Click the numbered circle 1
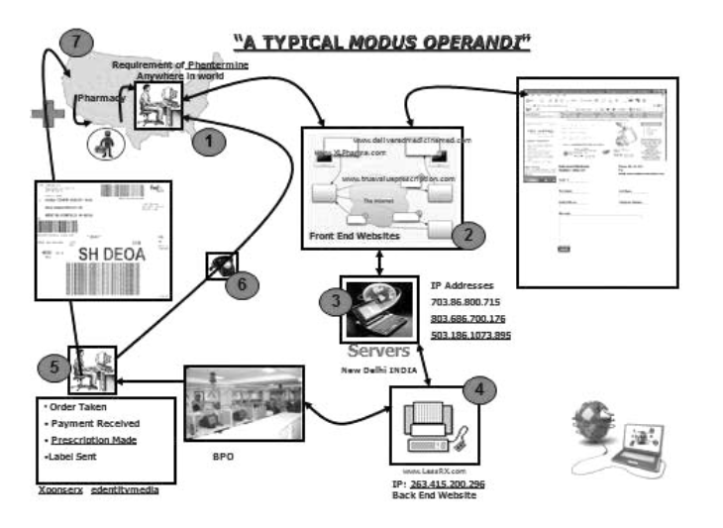click(x=208, y=141)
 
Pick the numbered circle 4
click(x=478, y=388)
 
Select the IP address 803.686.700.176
click(x=470, y=318)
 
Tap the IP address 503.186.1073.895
click(x=471, y=335)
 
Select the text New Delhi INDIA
click(x=379, y=370)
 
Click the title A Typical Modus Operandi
click(x=383, y=42)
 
